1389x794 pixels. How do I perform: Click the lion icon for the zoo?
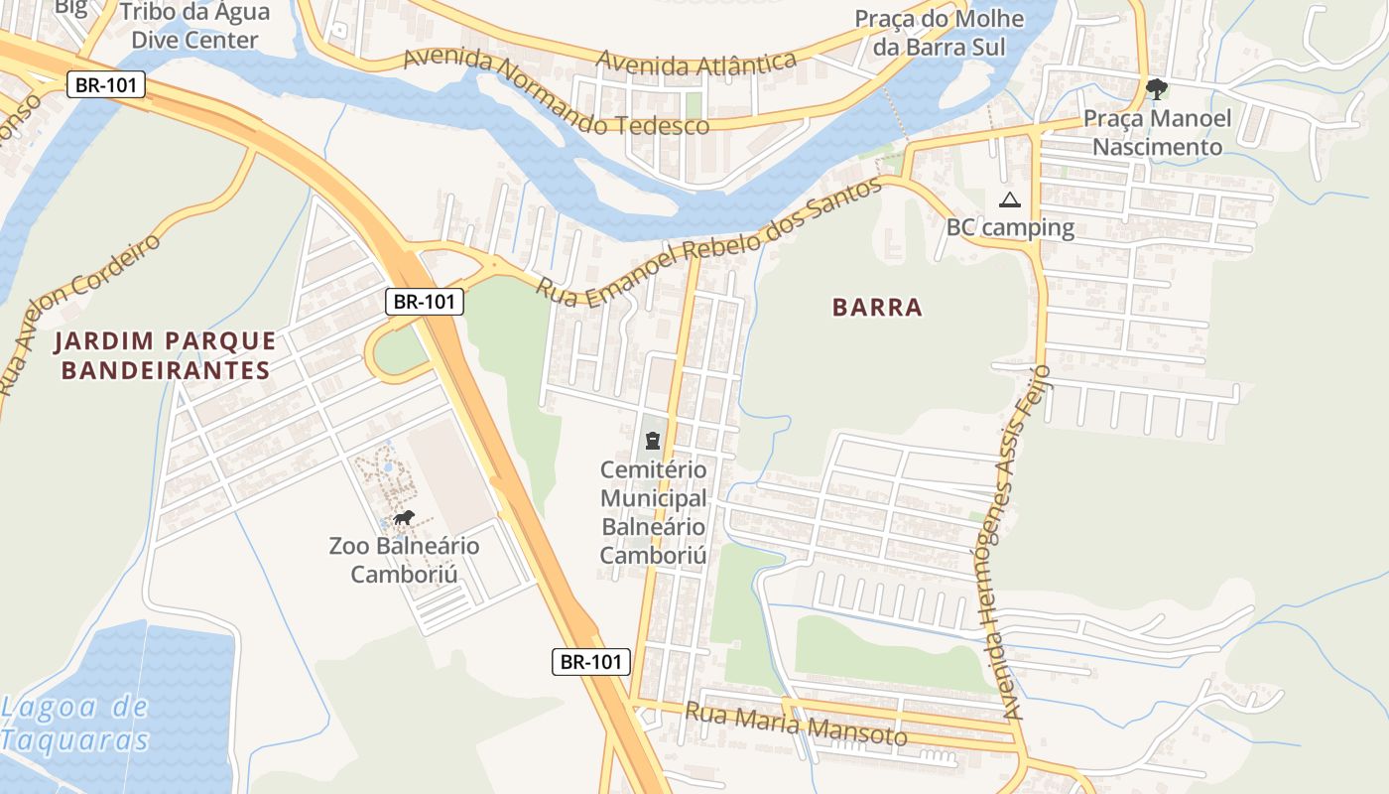pos(404,517)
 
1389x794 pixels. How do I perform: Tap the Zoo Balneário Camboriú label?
pos(404,560)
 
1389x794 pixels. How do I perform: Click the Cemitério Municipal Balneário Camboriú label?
pos(653,512)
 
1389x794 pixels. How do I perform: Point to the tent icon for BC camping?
pos(1010,199)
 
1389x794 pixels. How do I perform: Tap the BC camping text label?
pos(1010,227)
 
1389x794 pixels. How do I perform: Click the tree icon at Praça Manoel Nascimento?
pos(1156,89)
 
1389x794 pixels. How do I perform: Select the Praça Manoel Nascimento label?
pos(1157,133)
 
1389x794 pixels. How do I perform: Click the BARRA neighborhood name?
pos(878,308)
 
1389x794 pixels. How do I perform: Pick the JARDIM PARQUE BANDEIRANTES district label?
pos(165,355)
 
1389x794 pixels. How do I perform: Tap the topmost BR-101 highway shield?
pos(106,85)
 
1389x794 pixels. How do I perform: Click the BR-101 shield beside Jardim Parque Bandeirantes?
pos(425,302)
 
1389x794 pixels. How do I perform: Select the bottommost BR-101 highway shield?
pos(591,662)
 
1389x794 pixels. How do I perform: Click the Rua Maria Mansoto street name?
pos(796,725)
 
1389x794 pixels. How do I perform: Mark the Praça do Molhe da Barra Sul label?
pos(931,33)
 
